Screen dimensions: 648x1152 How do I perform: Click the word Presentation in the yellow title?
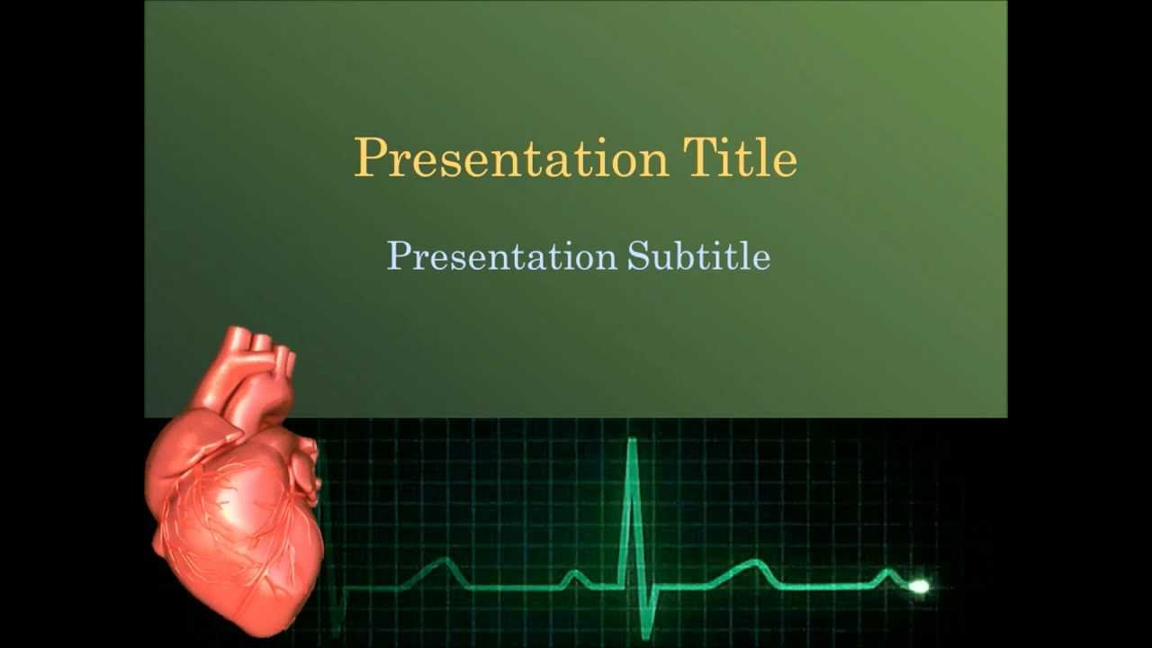tap(510, 158)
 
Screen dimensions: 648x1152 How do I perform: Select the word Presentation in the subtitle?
tap(501, 256)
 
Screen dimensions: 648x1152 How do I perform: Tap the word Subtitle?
tap(698, 256)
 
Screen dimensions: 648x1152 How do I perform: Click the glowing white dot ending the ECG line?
tap(919, 587)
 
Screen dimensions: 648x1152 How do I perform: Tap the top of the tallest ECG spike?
tap(632, 440)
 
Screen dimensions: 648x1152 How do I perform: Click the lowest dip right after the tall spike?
tap(646, 635)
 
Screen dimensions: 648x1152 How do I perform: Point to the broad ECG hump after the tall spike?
tap(754, 565)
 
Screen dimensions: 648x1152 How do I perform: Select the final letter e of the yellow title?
tap(786, 163)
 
